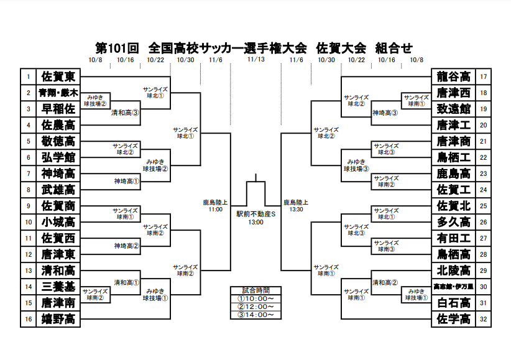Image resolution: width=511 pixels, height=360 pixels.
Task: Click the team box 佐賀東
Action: tap(58, 76)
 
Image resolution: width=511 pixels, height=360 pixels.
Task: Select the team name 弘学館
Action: tap(58, 157)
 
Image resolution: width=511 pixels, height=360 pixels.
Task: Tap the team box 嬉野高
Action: tap(58, 319)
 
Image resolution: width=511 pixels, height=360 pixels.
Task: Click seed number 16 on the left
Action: tap(28, 319)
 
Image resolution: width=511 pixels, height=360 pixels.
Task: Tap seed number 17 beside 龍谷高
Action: tap(484, 76)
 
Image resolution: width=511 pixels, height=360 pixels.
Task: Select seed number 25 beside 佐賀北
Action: tap(484, 206)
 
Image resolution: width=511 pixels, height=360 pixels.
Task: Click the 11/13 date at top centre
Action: tap(255, 60)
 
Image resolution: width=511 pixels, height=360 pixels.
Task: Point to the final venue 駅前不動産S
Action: tap(255, 214)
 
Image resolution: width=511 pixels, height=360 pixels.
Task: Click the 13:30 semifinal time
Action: tap(295, 210)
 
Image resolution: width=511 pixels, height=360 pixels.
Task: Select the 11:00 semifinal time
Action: tap(216, 210)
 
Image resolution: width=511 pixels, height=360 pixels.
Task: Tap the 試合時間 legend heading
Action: tap(255, 290)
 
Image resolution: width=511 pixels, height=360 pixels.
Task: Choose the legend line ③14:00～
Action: tap(255, 315)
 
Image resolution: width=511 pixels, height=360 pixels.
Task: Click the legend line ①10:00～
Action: tap(255, 298)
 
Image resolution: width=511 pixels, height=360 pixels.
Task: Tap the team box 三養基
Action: tap(58, 287)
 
